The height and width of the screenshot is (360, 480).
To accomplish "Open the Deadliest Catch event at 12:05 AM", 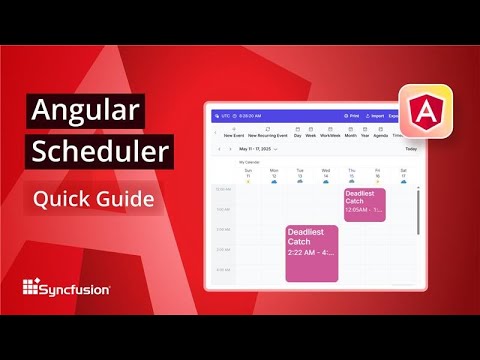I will click(x=365, y=204).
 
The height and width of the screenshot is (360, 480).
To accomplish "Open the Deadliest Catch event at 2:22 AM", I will click(x=311, y=253).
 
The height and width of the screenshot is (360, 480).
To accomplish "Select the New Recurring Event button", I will click(x=267, y=132).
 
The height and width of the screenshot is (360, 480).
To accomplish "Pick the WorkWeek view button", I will click(x=330, y=132).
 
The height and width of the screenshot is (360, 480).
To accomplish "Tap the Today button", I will click(x=411, y=149).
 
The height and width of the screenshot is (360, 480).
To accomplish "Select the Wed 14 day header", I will click(x=325, y=175).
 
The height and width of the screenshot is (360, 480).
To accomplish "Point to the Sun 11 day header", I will click(x=247, y=175).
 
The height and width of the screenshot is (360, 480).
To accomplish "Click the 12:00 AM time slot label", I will click(x=222, y=189).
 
